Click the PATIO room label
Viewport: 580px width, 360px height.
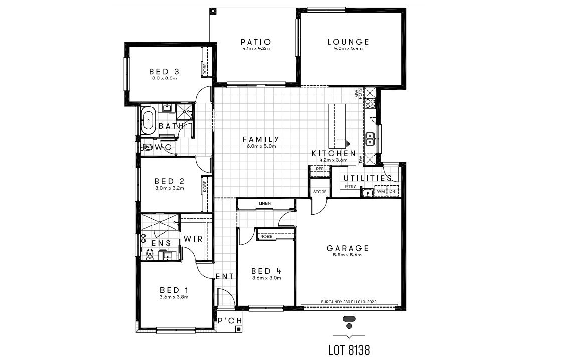[x=256, y=42]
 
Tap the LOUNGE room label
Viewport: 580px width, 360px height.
[x=348, y=42]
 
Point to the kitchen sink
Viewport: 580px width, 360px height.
[x=370, y=138]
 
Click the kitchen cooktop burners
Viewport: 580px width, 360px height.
[x=370, y=104]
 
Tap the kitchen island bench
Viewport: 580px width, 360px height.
[x=337, y=123]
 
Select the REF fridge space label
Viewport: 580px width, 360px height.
[x=320, y=169]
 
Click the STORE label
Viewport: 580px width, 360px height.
[x=320, y=192]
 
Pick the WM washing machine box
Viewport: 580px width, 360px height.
[x=381, y=192]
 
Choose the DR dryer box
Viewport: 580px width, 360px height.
[x=393, y=192]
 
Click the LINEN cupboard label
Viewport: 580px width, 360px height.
[x=265, y=203]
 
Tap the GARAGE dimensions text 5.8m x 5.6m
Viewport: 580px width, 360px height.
[x=348, y=255]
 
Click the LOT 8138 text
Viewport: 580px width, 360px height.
[x=349, y=350]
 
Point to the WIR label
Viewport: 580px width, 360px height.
[x=193, y=239]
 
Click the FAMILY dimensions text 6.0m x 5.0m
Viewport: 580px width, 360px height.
[x=261, y=146]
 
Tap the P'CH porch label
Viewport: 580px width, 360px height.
[x=230, y=321]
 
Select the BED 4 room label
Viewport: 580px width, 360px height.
[x=266, y=271]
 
